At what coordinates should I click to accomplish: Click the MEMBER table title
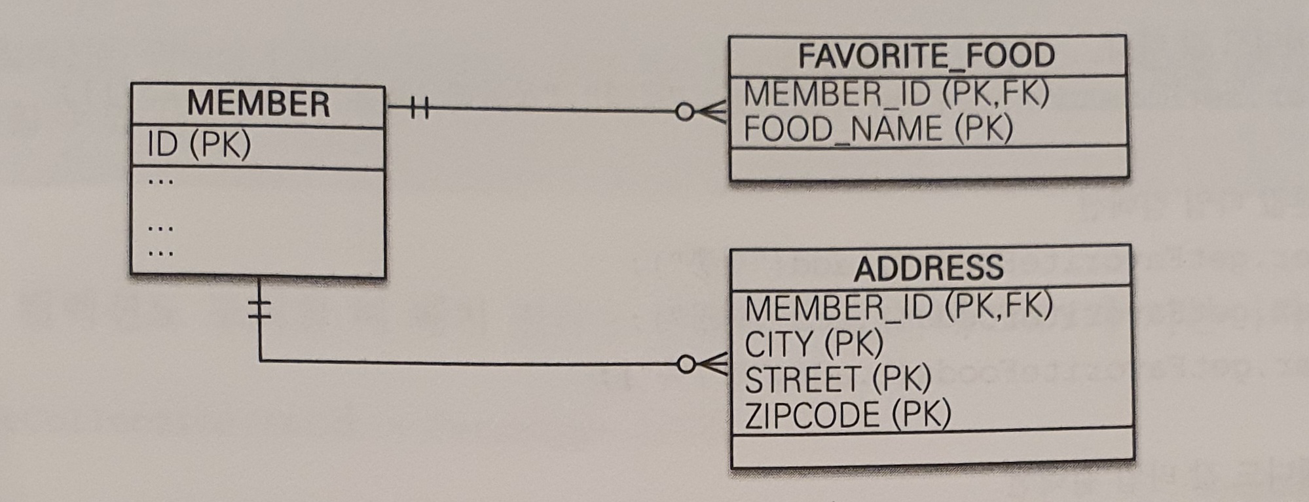pyautogui.click(x=258, y=104)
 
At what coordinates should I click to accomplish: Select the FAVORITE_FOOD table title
pyautogui.click(x=926, y=56)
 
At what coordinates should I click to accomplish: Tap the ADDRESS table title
pyautogui.click(x=929, y=268)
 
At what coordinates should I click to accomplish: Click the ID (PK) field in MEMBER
pyautogui.click(x=199, y=145)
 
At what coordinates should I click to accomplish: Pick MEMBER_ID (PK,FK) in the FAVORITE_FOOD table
pyautogui.click(x=896, y=94)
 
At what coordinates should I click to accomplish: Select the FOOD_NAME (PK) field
pyautogui.click(x=878, y=129)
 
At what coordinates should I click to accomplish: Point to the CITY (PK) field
pyautogui.click(x=813, y=344)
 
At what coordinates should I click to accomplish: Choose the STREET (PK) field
pyautogui.click(x=838, y=379)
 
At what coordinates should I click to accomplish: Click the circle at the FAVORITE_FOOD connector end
pyautogui.click(x=684, y=112)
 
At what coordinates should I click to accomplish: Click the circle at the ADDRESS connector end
pyautogui.click(x=686, y=365)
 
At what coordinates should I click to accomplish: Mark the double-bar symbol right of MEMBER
pyautogui.click(x=419, y=107)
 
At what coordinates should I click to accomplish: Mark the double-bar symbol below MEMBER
pyautogui.click(x=259, y=308)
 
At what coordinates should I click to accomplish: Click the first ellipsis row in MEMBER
pyautogui.click(x=160, y=181)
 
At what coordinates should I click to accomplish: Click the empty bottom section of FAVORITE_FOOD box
pyautogui.click(x=929, y=162)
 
